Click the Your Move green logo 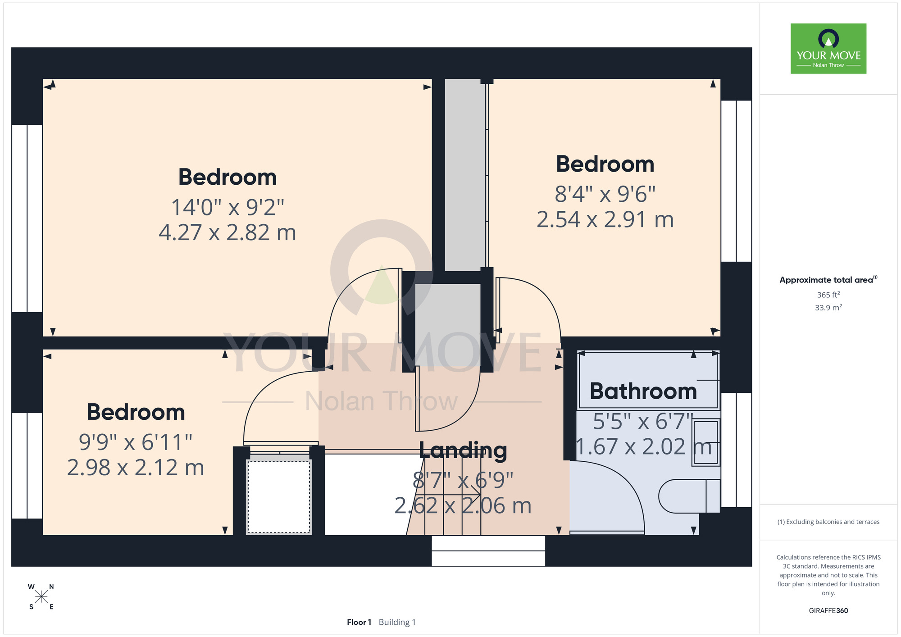tap(828, 49)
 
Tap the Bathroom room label tap(643, 391)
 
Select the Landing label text tap(463, 450)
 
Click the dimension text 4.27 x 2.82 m tap(228, 232)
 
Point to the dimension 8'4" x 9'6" tap(605, 194)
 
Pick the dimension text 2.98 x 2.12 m tap(136, 468)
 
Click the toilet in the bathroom tap(689, 496)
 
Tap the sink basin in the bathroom tap(706, 442)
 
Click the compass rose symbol tap(41, 597)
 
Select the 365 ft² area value tap(828, 295)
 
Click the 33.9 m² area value tap(828, 308)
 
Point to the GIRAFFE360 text tap(828, 611)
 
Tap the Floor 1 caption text tap(359, 622)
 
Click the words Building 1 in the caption tap(397, 622)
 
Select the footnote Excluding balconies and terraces tap(828, 522)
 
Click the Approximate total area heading tap(828, 280)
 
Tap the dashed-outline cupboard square tap(279, 496)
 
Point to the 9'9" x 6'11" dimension tap(136, 442)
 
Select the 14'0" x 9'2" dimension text tap(228, 207)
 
